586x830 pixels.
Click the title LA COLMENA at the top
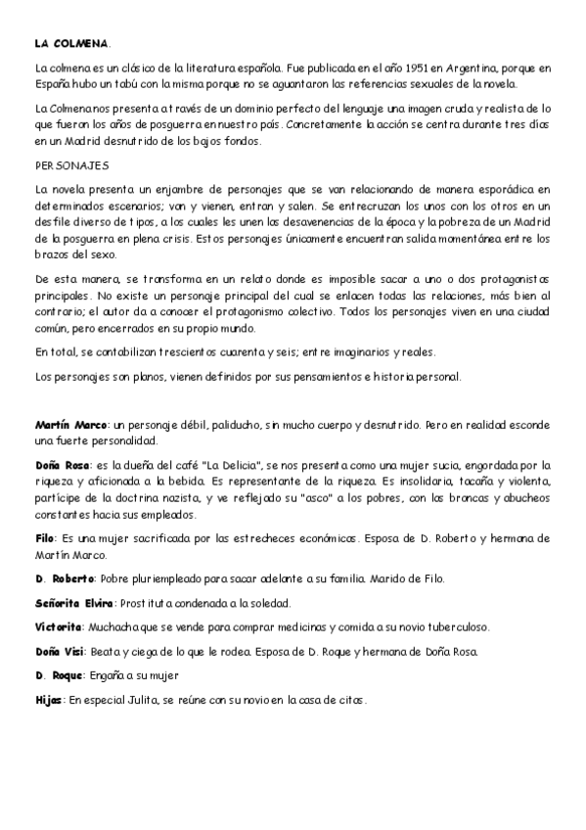[72, 44]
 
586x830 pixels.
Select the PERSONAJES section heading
[71, 165]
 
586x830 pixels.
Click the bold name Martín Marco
[71, 426]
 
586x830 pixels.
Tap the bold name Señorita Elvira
[75, 602]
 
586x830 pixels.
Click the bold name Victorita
[58, 626]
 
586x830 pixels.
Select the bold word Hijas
[49, 699]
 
